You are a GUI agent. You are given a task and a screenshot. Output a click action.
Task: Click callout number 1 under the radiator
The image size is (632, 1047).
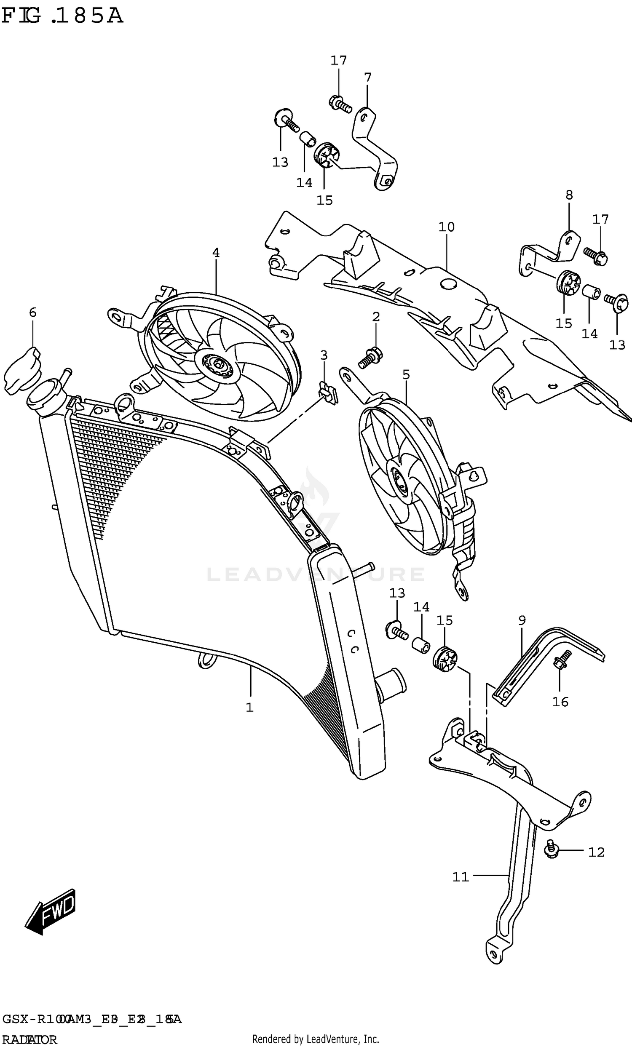tap(249, 708)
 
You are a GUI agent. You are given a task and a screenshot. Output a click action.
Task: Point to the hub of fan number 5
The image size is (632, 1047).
tap(399, 482)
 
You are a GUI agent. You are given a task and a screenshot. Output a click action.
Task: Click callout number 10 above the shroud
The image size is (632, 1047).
tap(446, 227)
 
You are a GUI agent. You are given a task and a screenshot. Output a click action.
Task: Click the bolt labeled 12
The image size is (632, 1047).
tap(551, 851)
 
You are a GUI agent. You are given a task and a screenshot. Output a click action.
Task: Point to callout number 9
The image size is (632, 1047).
tap(522, 620)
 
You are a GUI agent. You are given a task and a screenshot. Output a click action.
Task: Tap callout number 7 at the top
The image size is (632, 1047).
tap(368, 77)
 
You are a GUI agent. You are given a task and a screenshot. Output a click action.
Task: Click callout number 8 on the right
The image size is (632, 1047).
tap(569, 195)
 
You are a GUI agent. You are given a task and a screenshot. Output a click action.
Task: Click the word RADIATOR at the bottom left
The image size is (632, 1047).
tap(29, 1040)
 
